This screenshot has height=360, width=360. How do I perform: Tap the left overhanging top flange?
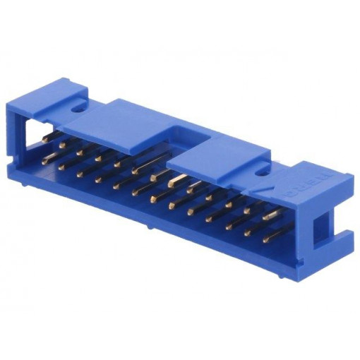pyautogui.click(x=127, y=124)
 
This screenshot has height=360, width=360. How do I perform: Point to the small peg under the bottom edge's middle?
pyautogui.click(x=150, y=227)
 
